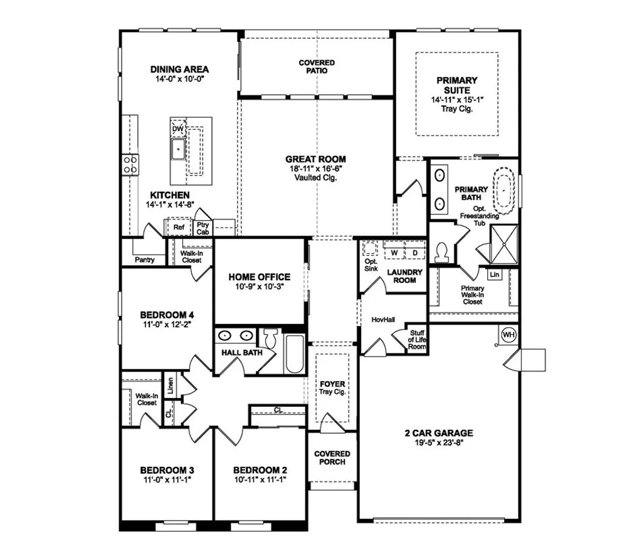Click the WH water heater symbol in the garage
pyautogui.click(x=508, y=335)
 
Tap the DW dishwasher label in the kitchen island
pyautogui.click(x=177, y=129)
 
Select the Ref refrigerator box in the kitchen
pyautogui.click(x=179, y=228)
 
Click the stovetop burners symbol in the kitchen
pyautogui.click(x=130, y=164)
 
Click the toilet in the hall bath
pyautogui.click(x=270, y=338)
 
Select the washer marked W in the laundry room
pyautogui.click(x=395, y=253)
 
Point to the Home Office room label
pyautogui.click(x=259, y=276)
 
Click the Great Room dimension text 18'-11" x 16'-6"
pyautogui.click(x=315, y=169)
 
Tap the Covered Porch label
pyautogui.click(x=332, y=458)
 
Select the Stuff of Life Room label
pyautogui.click(x=417, y=338)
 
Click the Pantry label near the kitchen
pyautogui.click(x=144, y=260)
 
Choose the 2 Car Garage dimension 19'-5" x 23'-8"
pyautogui.click(x=438, y=443)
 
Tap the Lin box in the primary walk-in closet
pyautogui.click(x=495, y=275)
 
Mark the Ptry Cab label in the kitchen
pyautogui.click(x=203, y=228)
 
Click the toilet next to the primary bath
pyautogui.click(x=441, y=251)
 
